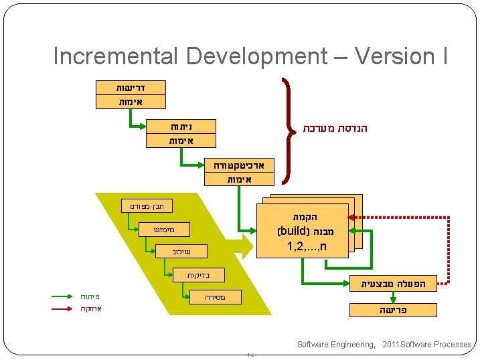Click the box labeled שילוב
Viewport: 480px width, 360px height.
181,252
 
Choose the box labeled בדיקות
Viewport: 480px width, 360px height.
197,275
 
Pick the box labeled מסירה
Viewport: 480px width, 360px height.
216,296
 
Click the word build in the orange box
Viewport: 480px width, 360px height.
291,232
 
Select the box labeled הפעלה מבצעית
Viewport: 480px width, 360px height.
393,284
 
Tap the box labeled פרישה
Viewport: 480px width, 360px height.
393,310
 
